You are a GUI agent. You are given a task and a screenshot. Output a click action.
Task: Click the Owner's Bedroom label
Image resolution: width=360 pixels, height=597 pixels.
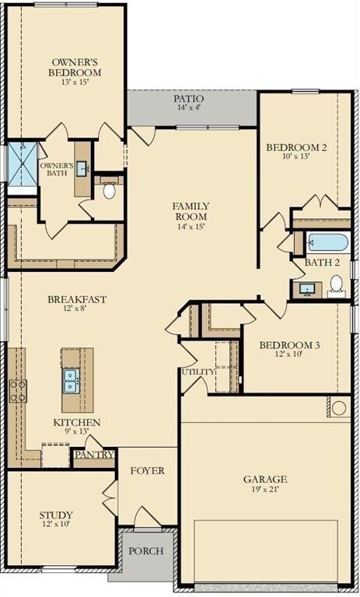click(x=76, y=67)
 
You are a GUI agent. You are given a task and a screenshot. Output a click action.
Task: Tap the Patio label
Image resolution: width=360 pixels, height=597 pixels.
click(x=189, y=99)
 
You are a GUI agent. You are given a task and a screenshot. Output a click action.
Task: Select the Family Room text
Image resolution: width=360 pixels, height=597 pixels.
click(x=190, y=211)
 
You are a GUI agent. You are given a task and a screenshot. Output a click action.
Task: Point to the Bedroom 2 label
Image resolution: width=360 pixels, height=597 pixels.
click(x=296, y=148)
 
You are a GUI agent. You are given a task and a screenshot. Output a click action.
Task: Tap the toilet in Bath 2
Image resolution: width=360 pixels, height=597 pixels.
click(x=336, y=288)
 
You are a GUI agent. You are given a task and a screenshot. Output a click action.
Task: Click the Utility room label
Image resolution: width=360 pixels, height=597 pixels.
click(x=197, y=372)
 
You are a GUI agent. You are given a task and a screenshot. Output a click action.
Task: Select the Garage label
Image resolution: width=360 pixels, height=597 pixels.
click(x=265, y=480)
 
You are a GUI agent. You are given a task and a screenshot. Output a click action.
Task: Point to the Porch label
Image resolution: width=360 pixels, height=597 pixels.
click(x=146, y=550)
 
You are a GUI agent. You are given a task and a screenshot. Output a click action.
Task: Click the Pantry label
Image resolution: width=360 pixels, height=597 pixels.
click(x=94, y=455)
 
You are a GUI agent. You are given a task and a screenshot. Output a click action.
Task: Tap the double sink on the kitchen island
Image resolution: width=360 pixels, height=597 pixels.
click(x=71, y=380)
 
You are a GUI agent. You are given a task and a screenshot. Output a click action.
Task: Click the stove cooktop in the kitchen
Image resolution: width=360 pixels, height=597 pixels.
click(x=16, y=390)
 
